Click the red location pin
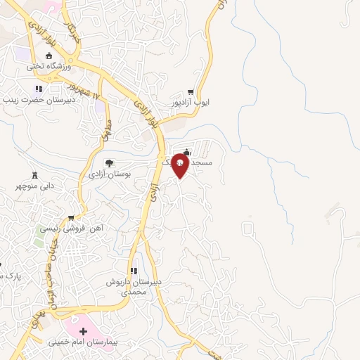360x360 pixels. (x=179, y=165)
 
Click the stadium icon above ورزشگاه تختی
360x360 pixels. (x=49, y=56)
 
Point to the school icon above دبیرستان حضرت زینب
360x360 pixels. (x=39, y=89)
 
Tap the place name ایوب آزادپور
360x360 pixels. (x=192, y=103)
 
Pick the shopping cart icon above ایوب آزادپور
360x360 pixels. (x=191, y=92)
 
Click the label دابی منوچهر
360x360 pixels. (x=35, y=188)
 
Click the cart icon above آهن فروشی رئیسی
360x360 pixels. (x=70, y=218)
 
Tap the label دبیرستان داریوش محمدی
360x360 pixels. (x=134, y=286)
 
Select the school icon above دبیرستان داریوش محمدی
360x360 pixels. (x=133, y=271)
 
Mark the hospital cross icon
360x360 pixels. (x=84, y=330)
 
